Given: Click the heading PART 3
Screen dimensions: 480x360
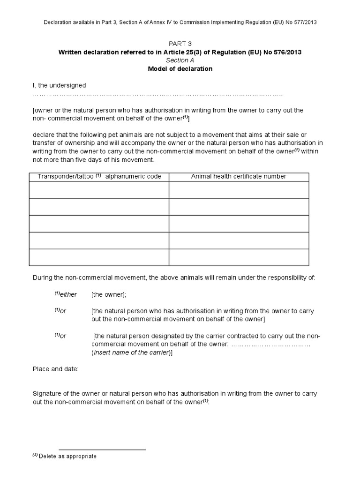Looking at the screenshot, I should tap(180, 44).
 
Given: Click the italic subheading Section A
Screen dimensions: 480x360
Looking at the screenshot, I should tap(180, 60).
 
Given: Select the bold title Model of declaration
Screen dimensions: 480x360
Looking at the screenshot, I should tap(180, 69).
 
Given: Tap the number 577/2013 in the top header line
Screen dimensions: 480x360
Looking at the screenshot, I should tap(308, 22).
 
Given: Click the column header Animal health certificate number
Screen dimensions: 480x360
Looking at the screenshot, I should tap(239, 176).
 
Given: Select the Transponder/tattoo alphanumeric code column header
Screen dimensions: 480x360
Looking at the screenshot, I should tap(99, 176).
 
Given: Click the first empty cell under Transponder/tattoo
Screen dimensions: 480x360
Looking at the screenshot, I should tap(99, 190).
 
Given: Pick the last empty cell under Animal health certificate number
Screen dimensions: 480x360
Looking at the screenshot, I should tap(239, 257).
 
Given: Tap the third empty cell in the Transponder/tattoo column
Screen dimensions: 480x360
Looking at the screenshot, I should tap(99, 224).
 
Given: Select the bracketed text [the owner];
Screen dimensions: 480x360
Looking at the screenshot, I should tap(109, 294).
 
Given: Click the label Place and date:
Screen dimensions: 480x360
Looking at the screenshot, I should tap(55, 369).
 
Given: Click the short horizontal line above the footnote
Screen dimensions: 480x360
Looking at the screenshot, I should tap(102, 450).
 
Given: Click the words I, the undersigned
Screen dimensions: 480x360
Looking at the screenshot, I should tap(59, 85).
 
